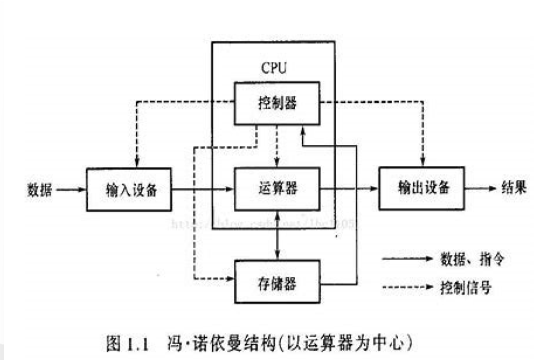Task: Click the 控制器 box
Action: pos(277,103)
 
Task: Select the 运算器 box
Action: pos(277,189)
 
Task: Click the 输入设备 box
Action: pos(129,189)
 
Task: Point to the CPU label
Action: pos(274,69)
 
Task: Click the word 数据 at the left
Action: pos(39,189)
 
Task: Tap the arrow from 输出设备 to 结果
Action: pos(480,188)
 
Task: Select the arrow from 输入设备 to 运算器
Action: pos(202,189)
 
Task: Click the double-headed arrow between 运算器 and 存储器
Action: pos(277,236)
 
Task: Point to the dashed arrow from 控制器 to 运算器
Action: pos(277,146)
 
